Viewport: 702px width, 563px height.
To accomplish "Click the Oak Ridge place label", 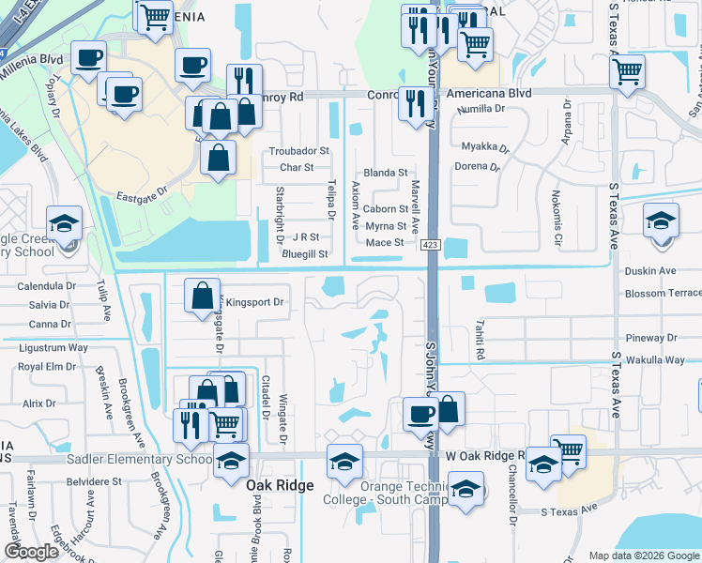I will tap(278, 487).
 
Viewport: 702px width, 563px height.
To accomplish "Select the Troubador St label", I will tap(299, 150).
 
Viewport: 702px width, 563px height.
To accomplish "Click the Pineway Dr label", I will tap(655, 338).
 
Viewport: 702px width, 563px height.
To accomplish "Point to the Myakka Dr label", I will tap(485, 148).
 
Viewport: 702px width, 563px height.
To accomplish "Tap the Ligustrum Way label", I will tap(53, 347).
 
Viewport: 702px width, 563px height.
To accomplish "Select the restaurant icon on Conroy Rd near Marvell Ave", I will tap(413, 102).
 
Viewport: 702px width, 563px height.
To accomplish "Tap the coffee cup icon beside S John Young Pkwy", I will tap(420, 412).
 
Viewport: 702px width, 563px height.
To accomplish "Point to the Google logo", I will tap(31, 552).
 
